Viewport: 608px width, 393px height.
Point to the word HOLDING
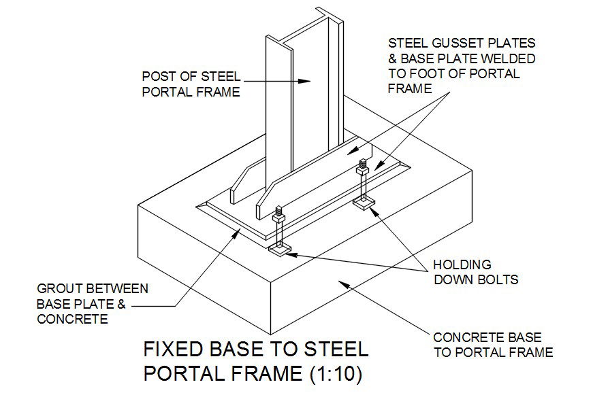tap(462, 264)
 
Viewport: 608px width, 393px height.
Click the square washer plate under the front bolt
tap(281, 250)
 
